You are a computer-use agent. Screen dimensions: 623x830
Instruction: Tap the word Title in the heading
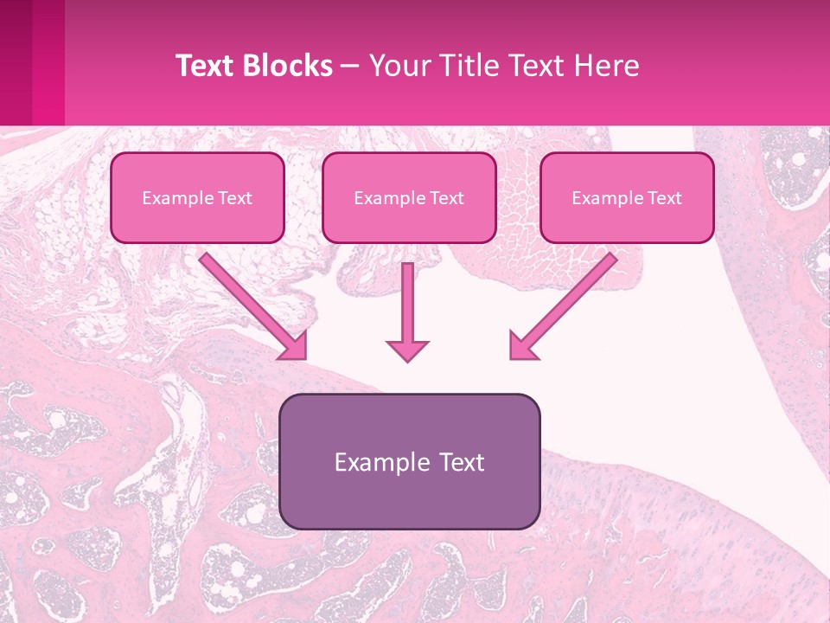pos(465,66)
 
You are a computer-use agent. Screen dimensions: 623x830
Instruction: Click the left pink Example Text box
pos(197,197)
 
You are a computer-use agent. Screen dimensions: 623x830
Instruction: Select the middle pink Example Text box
pos(409,197)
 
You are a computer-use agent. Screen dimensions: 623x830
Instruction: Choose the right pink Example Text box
pos(627,197)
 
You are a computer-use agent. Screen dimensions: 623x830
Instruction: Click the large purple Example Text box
pos(409,461)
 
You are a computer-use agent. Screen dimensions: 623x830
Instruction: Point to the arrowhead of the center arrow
pos(407,350)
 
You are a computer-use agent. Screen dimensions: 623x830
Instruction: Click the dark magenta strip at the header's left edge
pos(16,62)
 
